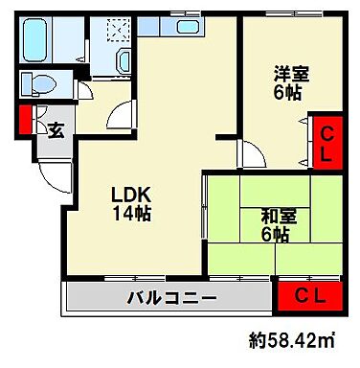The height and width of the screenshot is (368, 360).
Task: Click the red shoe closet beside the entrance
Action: (24, 122)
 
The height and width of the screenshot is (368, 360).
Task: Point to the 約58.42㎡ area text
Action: (299, 340)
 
